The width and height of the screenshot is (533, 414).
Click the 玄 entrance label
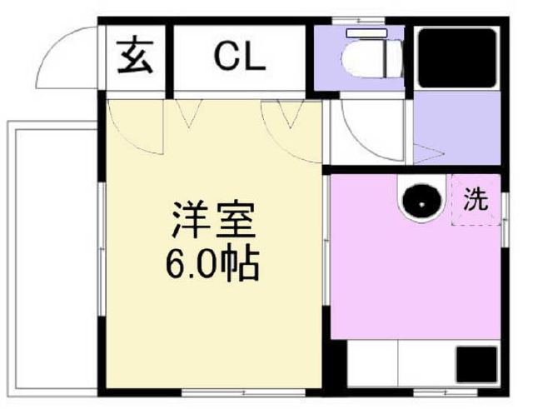135,57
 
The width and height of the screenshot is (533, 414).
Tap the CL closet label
240,57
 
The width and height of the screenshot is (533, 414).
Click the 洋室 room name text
213,220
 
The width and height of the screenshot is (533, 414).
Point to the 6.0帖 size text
213,262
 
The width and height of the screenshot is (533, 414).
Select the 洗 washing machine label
476,199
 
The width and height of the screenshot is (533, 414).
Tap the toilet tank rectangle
366,33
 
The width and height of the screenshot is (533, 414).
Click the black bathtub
457,58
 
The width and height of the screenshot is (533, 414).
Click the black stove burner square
476,364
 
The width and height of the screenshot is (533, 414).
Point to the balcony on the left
52,259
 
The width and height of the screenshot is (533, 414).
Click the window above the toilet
358,20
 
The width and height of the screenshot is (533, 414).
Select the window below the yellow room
243,393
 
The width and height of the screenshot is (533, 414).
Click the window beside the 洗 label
506,220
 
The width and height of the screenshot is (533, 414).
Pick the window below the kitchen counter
446,393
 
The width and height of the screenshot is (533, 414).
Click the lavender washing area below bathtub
456,128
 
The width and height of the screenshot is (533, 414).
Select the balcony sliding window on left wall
102,250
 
